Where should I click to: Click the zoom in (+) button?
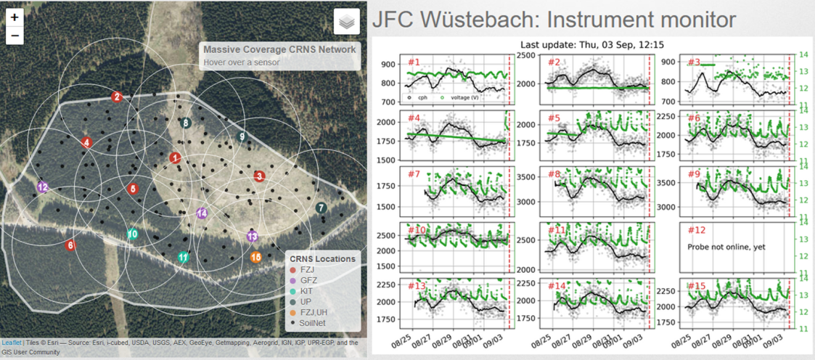[15, 17]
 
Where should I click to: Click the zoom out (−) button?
[15, 35]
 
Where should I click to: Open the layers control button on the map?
[347, 22]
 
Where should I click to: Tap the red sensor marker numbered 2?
[116, 97]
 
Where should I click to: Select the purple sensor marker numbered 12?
[44, 187]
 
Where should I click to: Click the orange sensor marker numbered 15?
[255, 257]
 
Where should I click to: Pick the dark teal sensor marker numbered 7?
[321, 208]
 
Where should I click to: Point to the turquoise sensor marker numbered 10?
[132, 234]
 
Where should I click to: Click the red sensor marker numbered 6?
[70, 245]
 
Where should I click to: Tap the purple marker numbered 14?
[202, 213]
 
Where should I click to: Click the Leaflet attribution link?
[11, 343]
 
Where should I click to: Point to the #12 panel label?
[696, 230]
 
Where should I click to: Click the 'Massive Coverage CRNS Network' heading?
[279, 49]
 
